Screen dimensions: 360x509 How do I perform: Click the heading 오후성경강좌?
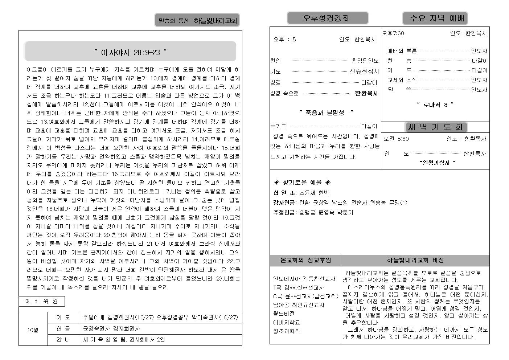pos(327,18)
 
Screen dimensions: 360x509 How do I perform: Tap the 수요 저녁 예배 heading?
pos(435,18)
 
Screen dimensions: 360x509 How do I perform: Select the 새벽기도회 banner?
pos(435,127)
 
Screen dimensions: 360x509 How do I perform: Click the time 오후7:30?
pos(393,33)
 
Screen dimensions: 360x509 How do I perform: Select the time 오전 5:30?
pos(396,139)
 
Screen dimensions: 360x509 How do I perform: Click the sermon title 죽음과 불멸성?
pos(326,113)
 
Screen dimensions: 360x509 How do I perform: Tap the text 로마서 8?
pos(435,105)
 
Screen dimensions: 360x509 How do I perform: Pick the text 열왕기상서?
pos(437,163)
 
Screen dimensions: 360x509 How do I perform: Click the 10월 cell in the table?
pos(33,330)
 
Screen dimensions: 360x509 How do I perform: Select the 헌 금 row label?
pos(63,328)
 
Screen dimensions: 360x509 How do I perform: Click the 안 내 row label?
pos(63,340)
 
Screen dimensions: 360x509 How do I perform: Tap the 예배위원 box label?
pos(41,301)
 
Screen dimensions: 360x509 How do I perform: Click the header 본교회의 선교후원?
pos(305,260)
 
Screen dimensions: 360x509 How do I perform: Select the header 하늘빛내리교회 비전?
pos(415,260)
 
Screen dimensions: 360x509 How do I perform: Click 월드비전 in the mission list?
pos(284,314)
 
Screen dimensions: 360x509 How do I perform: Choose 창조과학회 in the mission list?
pos(286,331)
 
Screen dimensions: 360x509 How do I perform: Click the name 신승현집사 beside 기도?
pos(364,71)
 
